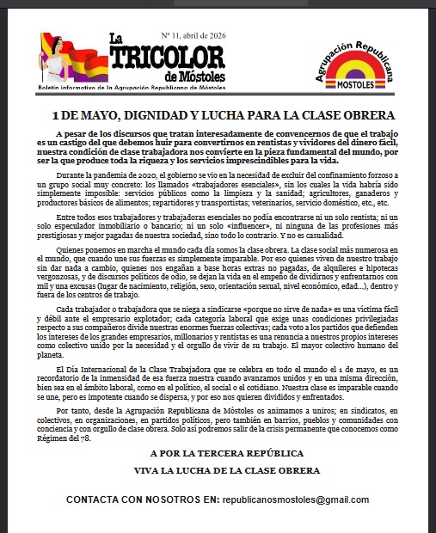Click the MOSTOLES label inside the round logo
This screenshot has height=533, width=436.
click(356, 88)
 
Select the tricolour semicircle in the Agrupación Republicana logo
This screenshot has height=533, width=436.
click(356, 72)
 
